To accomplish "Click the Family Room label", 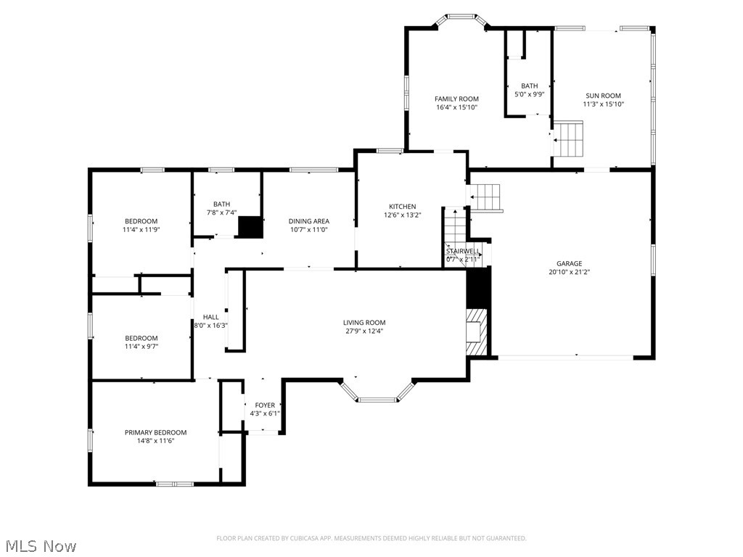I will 456,99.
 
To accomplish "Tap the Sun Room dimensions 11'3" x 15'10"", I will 603,104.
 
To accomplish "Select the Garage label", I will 569,264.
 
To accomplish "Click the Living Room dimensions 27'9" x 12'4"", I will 364,331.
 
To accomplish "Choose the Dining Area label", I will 309,221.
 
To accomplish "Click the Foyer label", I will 265,405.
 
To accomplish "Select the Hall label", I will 210,317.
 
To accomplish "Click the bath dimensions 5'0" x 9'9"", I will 529,94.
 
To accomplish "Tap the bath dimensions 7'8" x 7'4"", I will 221,213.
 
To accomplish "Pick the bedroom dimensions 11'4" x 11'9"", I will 141,230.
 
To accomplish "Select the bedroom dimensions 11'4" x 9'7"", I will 141,347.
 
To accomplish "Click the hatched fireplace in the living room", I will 477,332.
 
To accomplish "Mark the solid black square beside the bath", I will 250,227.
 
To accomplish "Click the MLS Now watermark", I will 41,545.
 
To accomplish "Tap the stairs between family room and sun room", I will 570,139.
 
